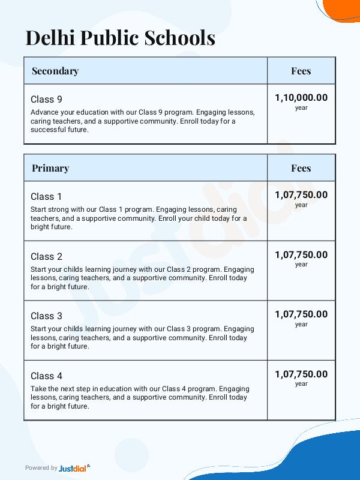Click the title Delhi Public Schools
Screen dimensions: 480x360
click(x=120, y=38)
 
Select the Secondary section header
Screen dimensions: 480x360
click(x=55, y=71)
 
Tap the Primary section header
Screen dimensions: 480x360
click(x=50, y=168)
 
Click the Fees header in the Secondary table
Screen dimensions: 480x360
click(x=301, y=71)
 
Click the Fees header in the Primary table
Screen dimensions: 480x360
click(x=301, y=168)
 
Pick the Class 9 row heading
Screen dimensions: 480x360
click(x=46, y=100)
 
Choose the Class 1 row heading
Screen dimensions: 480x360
click(x=46, y=196)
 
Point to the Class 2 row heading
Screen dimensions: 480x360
click(x=46, y=256)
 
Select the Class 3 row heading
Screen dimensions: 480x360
click(x=46, y=316)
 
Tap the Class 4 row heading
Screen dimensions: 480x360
click(x=46, y=376)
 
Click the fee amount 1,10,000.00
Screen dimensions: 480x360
click(x=301, y=98)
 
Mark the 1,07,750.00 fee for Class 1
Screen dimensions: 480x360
click(x=301, y=194)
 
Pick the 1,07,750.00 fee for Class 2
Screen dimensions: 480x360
click(x=301, y=254)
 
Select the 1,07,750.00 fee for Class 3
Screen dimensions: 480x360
click(x=301, y=314)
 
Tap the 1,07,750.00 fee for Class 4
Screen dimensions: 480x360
click(x=301, y=374)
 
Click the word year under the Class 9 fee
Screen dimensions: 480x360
click(x=301, y=108)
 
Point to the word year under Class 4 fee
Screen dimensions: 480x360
click(x=301, y=384)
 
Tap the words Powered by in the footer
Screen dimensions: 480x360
click(x=41, y=468)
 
